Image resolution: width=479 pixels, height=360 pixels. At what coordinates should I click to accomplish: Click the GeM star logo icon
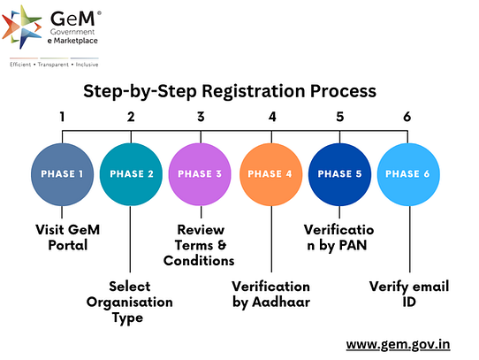point(22,27)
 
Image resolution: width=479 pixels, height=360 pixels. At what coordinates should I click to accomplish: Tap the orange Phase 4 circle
point(271,174)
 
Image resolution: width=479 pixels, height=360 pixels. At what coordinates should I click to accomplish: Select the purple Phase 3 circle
point(200,174)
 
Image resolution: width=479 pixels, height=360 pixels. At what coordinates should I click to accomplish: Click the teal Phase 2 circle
point(131,174)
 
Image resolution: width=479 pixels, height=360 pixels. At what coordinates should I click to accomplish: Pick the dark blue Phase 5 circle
point(339,174)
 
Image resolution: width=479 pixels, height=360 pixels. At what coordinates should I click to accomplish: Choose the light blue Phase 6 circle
point(408,174)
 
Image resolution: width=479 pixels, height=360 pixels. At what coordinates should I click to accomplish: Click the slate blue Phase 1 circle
point(63,174)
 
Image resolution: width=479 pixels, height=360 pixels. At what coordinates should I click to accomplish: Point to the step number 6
point(407,117)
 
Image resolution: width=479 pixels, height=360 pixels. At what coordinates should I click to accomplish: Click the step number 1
point(63,117)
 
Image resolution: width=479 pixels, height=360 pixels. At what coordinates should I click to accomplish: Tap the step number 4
point(272,117)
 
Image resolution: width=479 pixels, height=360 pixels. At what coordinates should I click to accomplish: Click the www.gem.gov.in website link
point(398,345)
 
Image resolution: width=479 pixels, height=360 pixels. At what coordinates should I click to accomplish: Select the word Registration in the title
point(254,91)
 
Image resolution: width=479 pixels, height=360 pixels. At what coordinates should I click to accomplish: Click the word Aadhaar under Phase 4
point(281,303)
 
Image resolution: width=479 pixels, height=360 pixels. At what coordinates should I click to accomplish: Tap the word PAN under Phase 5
point(353,245)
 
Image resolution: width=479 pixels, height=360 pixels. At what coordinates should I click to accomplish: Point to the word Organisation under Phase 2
point(130,303)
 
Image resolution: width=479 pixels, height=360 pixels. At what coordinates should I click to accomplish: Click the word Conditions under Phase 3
point(199,261)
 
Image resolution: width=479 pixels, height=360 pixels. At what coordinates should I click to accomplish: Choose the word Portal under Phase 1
point(68,245)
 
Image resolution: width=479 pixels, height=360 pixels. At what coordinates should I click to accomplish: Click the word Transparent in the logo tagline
point(53,65)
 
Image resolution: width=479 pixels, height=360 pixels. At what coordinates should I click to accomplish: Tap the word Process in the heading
point(343,91)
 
